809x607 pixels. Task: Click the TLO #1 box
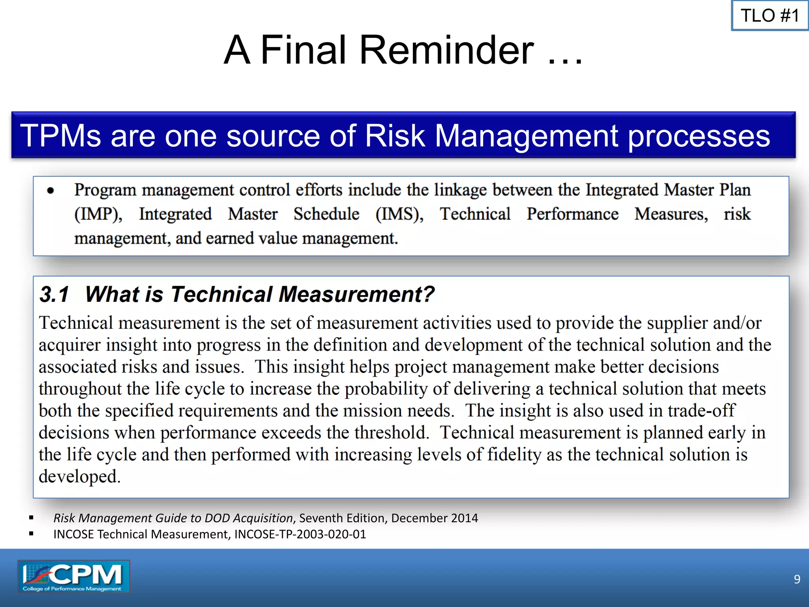[x=769, y=16]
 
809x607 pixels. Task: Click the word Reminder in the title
[x=446, y=50]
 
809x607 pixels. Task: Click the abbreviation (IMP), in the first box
[x=98, y=215]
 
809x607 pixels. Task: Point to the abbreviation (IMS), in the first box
[x=399, y=215]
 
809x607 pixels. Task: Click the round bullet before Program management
[x=50, y=191]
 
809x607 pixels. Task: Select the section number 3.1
[x=54, y=294]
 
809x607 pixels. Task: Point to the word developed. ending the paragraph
[x=79, y=477]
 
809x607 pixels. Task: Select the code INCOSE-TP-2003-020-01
[x=300, y=534]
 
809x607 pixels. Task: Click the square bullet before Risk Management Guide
[x=31, y=518]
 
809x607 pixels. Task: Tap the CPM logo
[x=73, y=577]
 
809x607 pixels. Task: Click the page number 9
[x=797, y=579]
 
